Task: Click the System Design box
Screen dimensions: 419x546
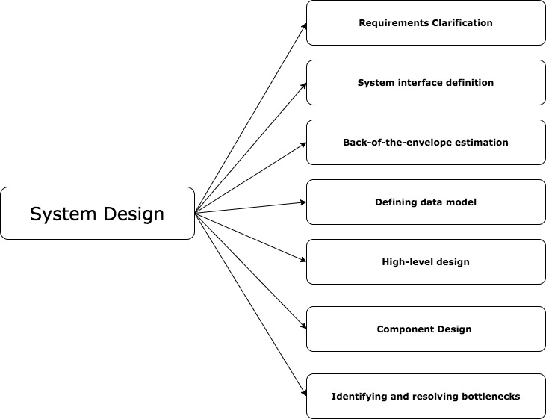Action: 97,213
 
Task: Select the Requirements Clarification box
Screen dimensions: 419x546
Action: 426,22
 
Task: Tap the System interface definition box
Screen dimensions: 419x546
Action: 426,82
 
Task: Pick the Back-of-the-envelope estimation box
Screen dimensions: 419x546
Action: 426,142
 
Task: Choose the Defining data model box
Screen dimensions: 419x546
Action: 426,202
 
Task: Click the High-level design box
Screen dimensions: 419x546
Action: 426,261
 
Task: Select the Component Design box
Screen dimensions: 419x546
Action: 426,329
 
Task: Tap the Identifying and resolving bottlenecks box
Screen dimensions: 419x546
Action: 426,396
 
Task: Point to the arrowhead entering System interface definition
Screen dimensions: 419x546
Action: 303,85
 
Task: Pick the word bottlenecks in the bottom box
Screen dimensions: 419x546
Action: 489,396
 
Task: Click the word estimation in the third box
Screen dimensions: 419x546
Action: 483,142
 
